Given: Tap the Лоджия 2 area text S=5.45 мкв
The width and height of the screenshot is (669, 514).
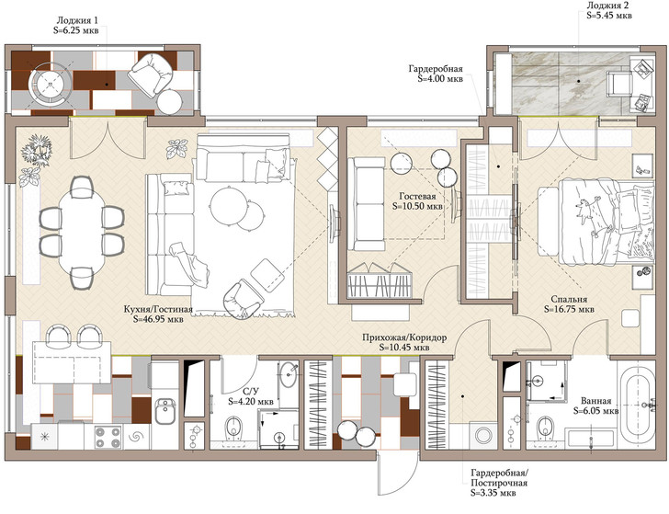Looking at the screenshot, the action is pos(609,16).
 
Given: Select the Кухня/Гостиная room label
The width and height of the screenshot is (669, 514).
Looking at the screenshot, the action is pos(158,309).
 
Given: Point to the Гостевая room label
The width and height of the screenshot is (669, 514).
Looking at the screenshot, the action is pos(417,196).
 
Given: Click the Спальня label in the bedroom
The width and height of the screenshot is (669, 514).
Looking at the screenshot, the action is pos(569,299).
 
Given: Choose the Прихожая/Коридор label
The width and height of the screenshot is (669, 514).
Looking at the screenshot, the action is pos(404,337).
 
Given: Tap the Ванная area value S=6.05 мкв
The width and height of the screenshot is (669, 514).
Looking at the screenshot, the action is pos(595,411).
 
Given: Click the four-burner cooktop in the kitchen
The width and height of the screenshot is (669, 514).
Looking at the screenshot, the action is pos(108,437).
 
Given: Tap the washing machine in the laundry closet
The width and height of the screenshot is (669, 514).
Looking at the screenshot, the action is pos(483,436).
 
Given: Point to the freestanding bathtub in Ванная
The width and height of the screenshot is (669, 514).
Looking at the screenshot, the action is pos(637,405).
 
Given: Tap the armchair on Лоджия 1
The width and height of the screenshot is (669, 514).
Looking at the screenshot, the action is pos(151,74).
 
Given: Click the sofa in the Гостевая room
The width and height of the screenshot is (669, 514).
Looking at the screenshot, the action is pos(366,204).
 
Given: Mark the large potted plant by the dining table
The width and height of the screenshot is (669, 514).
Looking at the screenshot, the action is pos(37,149).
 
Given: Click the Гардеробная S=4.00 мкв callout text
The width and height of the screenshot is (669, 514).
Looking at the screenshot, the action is pos(436,74).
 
